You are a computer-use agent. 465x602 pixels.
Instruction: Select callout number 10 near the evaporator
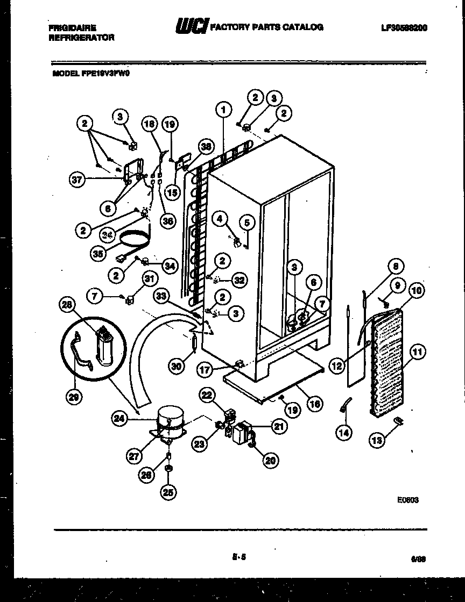click(417, 291)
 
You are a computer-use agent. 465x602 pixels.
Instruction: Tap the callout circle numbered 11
click(418, 352)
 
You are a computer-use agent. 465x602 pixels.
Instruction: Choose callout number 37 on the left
click(77, 180)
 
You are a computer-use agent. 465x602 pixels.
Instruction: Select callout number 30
click(177, 366)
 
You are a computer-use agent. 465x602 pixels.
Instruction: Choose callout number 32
click(239, 279)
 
